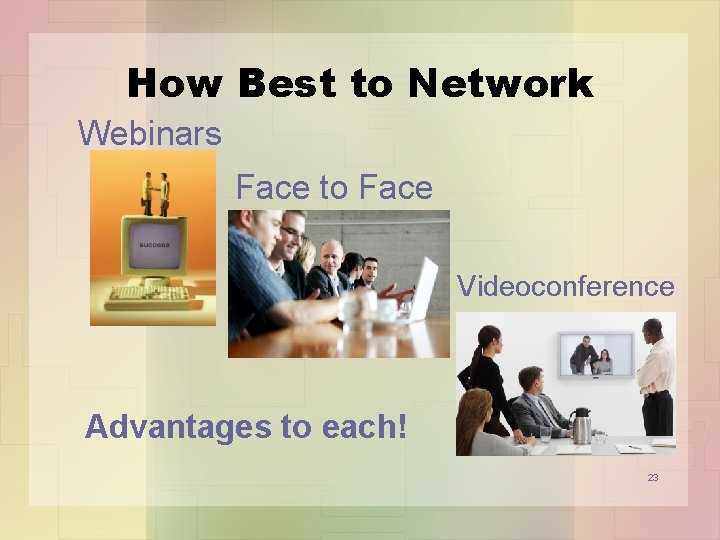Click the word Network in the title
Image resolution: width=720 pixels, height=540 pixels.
click(499, 85)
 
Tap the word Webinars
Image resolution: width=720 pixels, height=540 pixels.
click(150, 132)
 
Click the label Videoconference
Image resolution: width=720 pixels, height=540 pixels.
click(566, 287)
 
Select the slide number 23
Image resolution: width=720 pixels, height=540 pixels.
click(652, 478)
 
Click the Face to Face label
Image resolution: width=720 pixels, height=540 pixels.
click(334, 187)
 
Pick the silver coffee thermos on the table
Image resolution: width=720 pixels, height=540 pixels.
click(581, 425)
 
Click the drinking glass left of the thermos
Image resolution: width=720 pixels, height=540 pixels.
click(545, 433)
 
